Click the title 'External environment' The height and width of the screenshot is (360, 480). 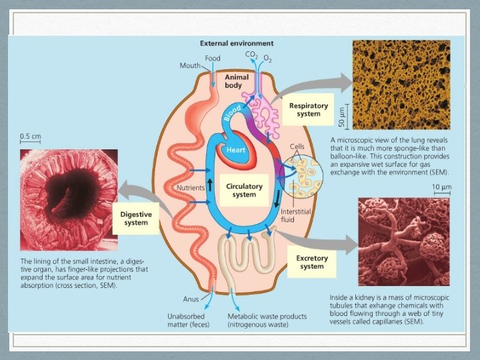click(237, 43)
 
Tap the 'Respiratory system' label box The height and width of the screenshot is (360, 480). click(305, 109)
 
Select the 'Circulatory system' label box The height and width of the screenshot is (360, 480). click(245, 191)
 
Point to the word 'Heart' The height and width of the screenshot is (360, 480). click(237, 151)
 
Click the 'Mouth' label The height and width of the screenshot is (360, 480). click(191, 66)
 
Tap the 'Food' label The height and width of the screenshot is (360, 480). click(213, 59)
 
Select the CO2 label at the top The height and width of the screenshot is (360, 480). click(251, 54)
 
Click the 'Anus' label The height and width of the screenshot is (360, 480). click(191, 299)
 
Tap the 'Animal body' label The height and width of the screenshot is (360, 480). click(237, 81)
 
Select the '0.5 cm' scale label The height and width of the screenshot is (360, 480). click(30, 136)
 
